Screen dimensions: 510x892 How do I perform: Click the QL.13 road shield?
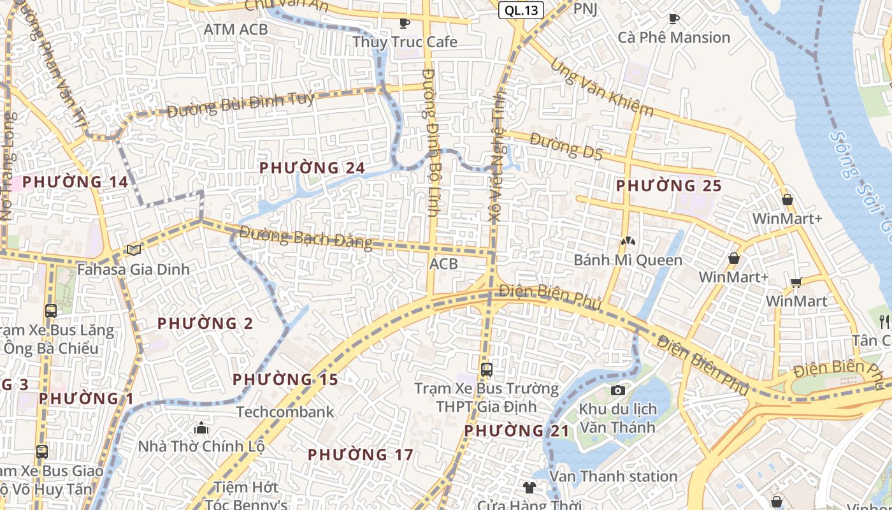(521, 10)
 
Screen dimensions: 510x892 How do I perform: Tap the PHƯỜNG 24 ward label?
(312, 168)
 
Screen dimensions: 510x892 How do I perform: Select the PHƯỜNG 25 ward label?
(668, 186)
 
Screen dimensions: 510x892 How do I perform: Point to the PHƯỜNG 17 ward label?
(361, 455)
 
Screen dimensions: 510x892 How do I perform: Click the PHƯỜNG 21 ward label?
(516, 430)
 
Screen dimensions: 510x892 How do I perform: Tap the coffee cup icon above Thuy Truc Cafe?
(404, 24)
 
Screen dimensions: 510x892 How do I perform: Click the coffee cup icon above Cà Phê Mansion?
(673, 19)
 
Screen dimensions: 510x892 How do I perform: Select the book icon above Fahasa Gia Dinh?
(134, 250)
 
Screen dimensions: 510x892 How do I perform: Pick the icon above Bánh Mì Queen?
(628, 242)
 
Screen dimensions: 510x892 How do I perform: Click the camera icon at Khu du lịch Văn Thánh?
(617, 390)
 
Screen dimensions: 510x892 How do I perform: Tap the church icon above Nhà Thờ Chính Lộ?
(201, 427)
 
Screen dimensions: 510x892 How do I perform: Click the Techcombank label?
(285, 412)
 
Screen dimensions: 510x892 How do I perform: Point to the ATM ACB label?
(236, 29)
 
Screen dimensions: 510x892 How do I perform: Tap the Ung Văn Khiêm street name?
(601, 87)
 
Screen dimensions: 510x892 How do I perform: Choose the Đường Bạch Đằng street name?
(306, 238)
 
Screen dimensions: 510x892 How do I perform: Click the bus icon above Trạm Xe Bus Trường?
(486, 369)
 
